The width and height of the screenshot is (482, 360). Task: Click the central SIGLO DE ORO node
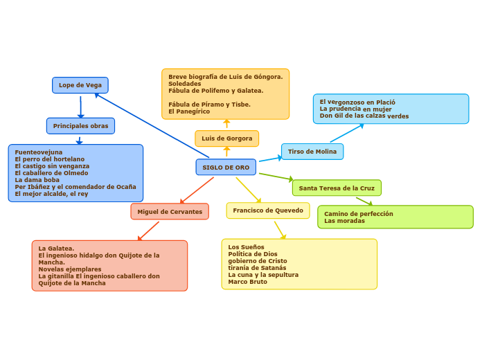226,168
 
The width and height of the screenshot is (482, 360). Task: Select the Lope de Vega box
80,85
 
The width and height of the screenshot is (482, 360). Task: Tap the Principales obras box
80,126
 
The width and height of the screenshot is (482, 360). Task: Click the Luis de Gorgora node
226,138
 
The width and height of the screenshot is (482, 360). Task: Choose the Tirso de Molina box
312,152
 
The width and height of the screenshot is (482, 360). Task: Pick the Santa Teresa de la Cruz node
337,188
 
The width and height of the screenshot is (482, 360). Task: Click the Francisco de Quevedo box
268,210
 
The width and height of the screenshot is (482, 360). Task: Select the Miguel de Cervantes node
170,212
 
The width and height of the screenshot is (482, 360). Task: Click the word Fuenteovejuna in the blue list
39,152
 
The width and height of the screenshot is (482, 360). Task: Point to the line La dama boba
37,180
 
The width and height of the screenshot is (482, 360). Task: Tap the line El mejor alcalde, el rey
51,194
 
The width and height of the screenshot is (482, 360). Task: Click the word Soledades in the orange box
184,84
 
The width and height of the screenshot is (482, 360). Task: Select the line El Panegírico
189,111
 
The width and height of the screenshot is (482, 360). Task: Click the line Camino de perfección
359,214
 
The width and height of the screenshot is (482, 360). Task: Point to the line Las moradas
344,221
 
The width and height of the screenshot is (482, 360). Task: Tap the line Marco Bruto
247,282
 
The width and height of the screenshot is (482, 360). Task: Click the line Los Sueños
246,247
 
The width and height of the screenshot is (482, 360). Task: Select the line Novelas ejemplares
70,269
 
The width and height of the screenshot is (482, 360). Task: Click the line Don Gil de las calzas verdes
364,116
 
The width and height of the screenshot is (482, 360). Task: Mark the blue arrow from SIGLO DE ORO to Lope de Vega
152,125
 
